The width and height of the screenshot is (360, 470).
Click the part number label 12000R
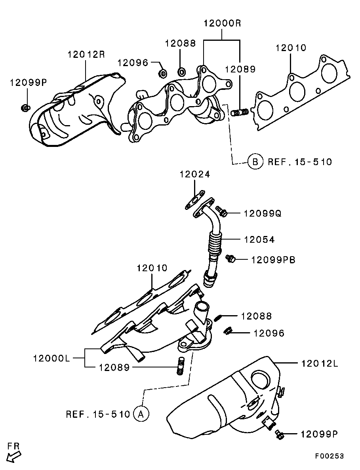(x=222, y=23)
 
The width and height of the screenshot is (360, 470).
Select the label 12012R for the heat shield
(x=86, y=55)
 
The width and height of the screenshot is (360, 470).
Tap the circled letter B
(x=255, y=162)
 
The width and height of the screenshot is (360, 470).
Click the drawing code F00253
(x=329, y=456)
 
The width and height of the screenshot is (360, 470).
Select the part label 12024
(x=194, y=174)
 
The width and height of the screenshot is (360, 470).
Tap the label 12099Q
(x=262, y=213)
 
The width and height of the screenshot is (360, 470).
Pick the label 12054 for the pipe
(x=259, y=240)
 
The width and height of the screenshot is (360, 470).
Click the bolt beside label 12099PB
(x=230, y=259)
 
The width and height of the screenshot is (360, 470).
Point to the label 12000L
(x=51, y=358)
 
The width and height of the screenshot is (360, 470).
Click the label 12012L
(x=319, y=363)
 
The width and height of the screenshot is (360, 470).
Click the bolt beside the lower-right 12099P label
(x=280, y=434)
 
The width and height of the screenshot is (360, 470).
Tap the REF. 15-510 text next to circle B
(x=300, y=162)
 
